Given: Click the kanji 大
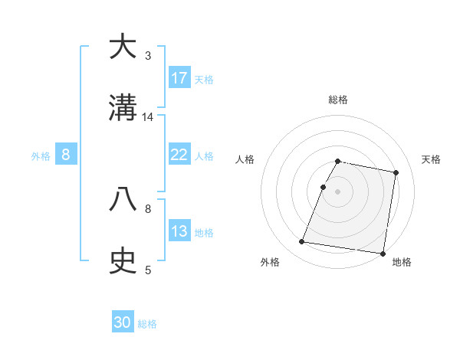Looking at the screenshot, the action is (x=123, y=47).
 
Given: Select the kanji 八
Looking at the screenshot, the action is (x=123, y=200).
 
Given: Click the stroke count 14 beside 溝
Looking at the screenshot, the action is (x=148, y=117).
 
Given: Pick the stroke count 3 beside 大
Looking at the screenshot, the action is (x=148, y=55).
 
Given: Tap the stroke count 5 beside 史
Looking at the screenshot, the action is (x=148, y=270).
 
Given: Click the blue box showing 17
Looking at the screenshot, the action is (x=179, y=78).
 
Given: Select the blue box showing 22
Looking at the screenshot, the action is (x=179, y=155).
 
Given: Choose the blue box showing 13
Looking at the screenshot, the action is (x=179, y=231).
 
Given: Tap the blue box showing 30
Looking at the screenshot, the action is (x=123, y=322).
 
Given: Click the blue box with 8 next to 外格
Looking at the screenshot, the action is (x=66, y=155).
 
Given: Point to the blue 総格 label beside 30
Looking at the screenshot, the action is (x=147, y=324).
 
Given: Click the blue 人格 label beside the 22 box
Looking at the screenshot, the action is (x=204, y=155).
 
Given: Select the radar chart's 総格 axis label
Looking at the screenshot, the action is (x=338, y=100).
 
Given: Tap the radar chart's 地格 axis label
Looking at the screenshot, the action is (x=402, y=262).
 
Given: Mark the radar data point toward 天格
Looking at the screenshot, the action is (x=396, y=172).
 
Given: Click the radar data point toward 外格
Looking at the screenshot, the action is (x=302, y=242).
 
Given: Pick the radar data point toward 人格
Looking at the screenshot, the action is (x=324, y=187).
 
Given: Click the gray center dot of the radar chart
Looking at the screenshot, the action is (x=338, y=191).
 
